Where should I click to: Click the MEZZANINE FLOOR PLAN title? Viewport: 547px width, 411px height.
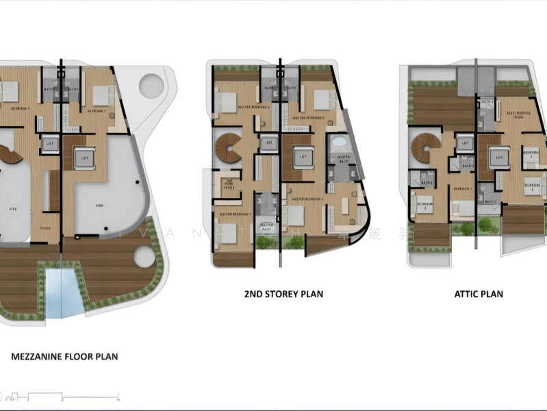pyautogui.click(x=64, y=356)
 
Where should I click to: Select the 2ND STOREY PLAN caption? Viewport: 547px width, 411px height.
pyautogui.click(x=283, y=294)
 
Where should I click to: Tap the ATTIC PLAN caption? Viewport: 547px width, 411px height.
pyautogui.click(x=479, y=294)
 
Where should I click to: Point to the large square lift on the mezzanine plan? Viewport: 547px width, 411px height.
pyautogui.click(x=85, y=158)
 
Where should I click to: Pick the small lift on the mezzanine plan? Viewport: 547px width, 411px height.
pyautogui.click(x=49, y=144)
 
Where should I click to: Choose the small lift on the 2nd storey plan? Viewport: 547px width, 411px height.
pyautogui.click(x=267, y=143)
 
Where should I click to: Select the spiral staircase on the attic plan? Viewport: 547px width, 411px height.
pyautogui.click(x=421, y=147)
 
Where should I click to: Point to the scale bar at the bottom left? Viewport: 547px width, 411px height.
pyautogui.click(x=62, y=396)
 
